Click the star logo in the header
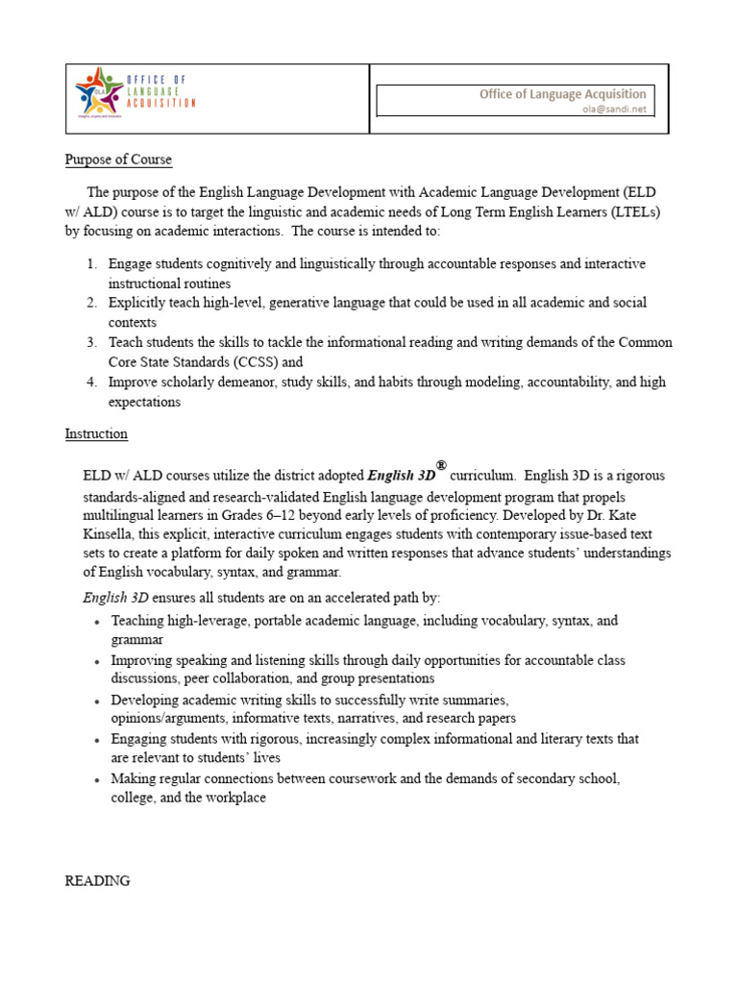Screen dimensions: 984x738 (99, 91)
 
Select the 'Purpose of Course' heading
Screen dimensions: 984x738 (118, 160)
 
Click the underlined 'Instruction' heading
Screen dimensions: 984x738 (96, 433)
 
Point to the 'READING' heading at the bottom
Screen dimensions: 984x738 (97, 880)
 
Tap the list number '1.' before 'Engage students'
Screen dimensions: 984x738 (91, 263)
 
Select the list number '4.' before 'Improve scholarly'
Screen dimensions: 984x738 (91, 381)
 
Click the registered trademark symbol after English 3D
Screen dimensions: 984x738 (441, 465)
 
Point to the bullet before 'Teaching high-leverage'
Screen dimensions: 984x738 (98, 622)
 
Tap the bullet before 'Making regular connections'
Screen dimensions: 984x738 (98, 779)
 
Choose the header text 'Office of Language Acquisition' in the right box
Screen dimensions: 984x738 (563, 94)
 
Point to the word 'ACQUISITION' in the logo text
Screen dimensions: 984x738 (160, 102)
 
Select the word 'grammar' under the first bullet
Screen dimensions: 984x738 (136, 639)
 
